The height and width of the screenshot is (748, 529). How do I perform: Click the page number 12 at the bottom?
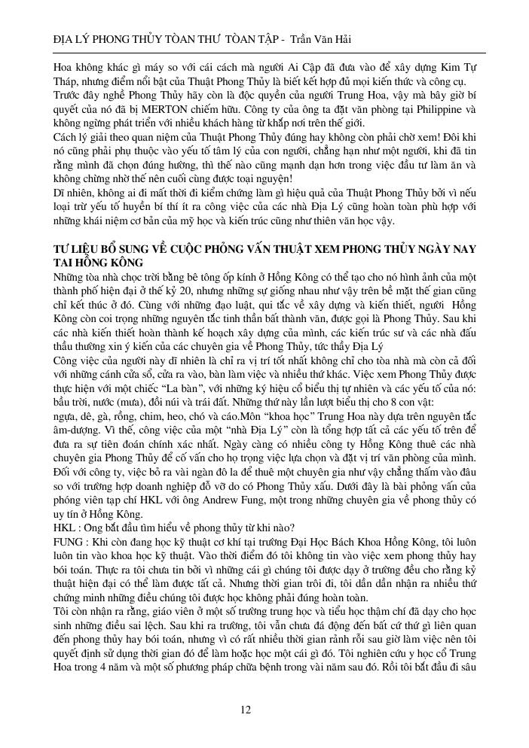point(246,710)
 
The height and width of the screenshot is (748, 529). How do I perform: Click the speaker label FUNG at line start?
point(69,550)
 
